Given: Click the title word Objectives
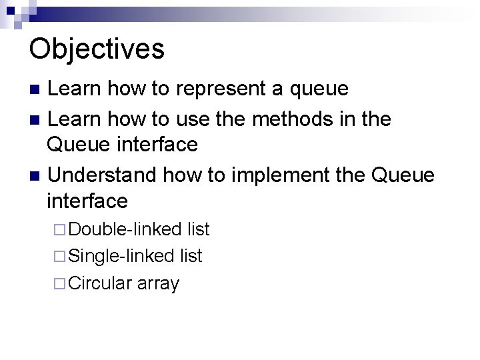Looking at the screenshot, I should (x=97, y=48).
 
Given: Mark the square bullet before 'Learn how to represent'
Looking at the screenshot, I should (x=37, y=89).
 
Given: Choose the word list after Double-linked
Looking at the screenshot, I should (x=198, y=230).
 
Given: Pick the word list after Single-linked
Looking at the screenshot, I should (x=191, y=256).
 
